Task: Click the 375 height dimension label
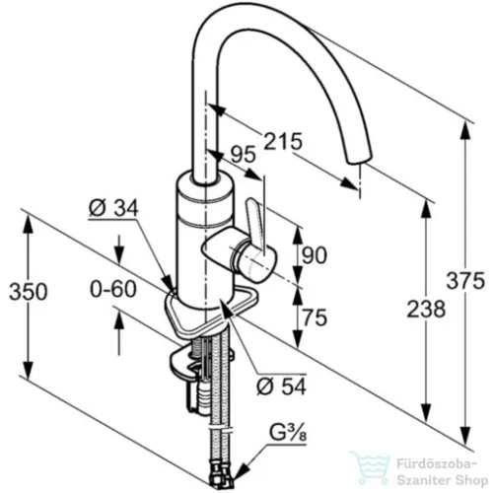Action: pyautogui.click(x=465, y=280)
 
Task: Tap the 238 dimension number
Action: pyautogui.click(x=426, y=309)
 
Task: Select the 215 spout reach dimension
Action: pyautogui.click(x=283, y=141)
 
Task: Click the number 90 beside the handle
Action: pyautogui.click(x=315, y=255)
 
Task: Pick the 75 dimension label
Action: pyautogui.click(x=315, y=317)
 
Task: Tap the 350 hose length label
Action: pyautogui.click(x=29, y=291)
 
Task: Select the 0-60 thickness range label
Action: pyautogui.click(x=113, y=289)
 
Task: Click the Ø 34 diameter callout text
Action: pyautogui.click(x=113, y=208)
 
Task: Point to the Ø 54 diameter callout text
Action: pyautogui.click(x=282, y=386)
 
